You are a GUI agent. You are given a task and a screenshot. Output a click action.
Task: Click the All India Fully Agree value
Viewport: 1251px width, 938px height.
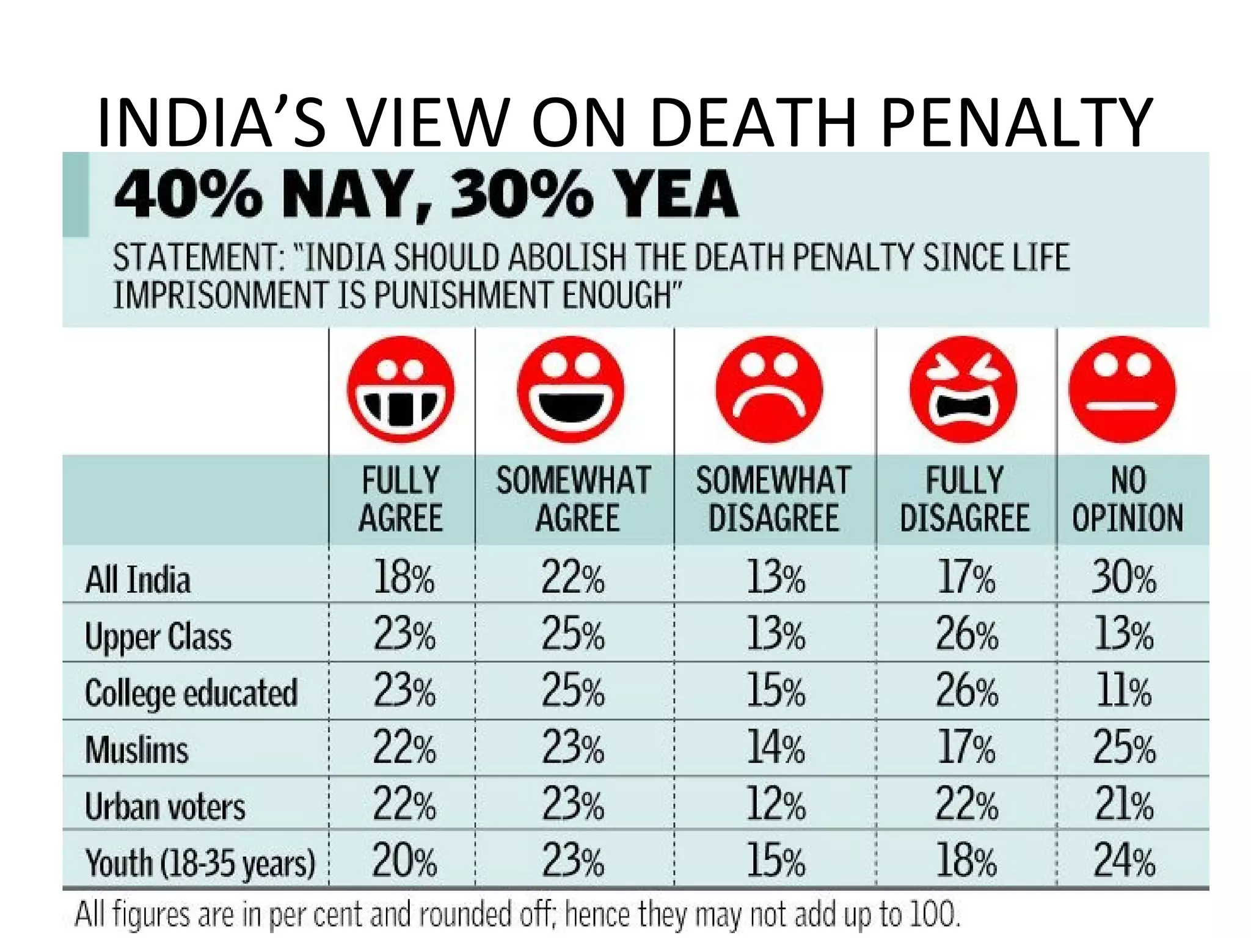[x=403, y=577]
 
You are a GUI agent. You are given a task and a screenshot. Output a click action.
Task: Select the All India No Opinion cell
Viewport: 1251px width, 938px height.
[x=1123, y=577]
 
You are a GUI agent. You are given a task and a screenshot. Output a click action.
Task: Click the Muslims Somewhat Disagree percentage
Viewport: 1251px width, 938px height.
[x=775, y=748]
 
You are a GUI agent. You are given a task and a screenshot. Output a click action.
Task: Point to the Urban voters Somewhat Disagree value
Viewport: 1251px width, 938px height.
[x=775, y=804]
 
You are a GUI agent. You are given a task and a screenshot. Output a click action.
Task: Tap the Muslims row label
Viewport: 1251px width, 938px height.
[x=137, y=749]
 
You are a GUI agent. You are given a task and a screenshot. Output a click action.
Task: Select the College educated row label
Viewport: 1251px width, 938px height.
[x=191, y=693]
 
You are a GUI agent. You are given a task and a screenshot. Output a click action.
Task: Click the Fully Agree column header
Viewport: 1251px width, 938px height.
[x=401, y=499]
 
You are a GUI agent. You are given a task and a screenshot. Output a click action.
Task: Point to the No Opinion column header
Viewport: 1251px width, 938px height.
[x=1128, y=499]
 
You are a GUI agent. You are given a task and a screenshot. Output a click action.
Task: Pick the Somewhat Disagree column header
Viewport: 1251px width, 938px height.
[x=773, y=499]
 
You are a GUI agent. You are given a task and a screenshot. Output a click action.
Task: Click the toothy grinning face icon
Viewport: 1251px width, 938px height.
[x=401, y=389]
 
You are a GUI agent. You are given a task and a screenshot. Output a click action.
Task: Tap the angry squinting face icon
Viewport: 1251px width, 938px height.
[x=963, y=389]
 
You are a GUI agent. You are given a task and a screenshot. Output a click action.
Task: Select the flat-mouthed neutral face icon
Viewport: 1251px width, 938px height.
[x=1122, y=389]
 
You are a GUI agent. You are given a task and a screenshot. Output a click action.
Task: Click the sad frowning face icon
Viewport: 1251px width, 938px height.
[x=769, y=389]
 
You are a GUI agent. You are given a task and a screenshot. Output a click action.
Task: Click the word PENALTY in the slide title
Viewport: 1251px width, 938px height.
[x=1016, y=122]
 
